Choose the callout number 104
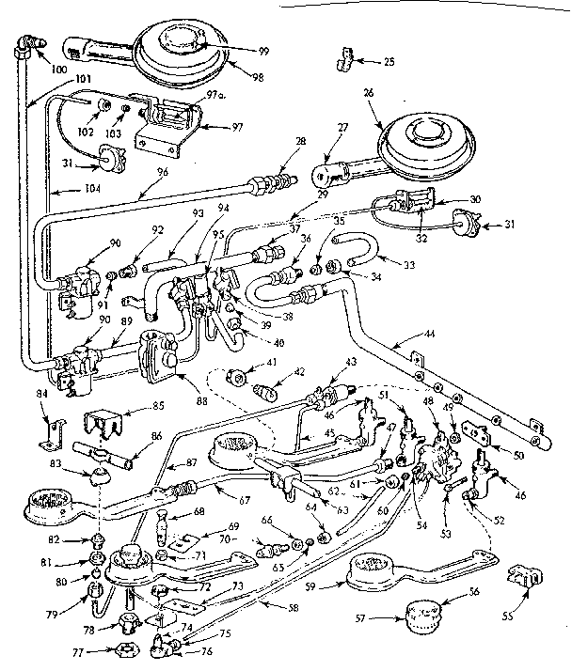[x=65, y=189]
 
